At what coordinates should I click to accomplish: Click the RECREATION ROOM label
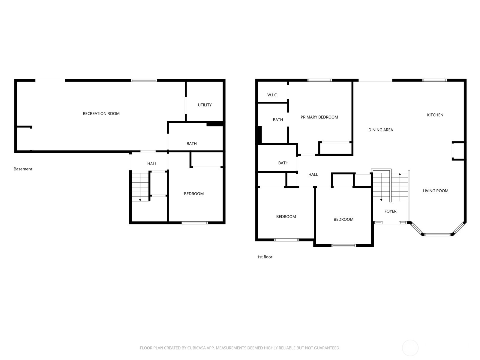tap(101, 113)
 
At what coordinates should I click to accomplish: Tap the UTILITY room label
tap(205, 105)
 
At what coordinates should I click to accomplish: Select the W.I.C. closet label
tap(272, 95)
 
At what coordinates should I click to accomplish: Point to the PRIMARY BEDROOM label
tap(319, 117)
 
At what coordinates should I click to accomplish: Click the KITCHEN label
tap(435, 115)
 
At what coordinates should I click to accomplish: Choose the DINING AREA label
tap(380, 130)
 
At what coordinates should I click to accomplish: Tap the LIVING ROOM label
tap(435, 191)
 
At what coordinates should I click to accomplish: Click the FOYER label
tap(390, 211)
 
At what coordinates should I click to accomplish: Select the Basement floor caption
tap(23, 169)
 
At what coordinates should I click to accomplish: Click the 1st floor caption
tap(265, 257)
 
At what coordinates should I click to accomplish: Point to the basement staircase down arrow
tap(140, 199)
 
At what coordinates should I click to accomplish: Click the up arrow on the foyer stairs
tap(400, 174)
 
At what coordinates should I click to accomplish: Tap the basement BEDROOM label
tap(194, 194)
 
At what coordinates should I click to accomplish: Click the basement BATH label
tap(191, 144)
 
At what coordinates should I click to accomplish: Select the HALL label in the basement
tap(152, 164)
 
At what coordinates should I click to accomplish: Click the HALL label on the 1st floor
tap(313, 174)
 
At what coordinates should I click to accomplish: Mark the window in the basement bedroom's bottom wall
tap(195, 223)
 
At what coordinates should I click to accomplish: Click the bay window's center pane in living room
tap(438, 234)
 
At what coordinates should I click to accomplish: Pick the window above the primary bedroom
tap(319, 80)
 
